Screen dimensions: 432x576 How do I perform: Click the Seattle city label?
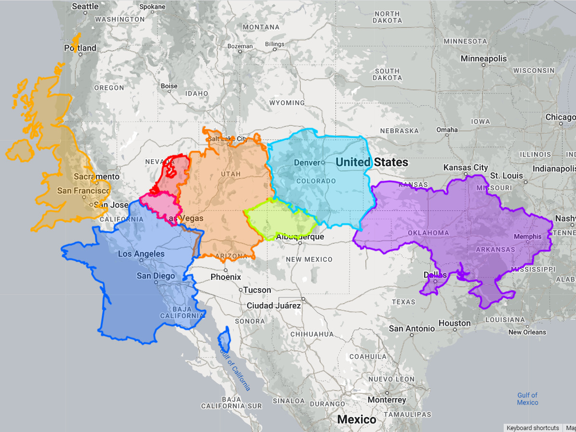coord(85,7)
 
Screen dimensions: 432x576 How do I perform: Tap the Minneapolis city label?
coord(483,59)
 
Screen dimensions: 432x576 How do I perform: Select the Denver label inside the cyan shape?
coord(307,163)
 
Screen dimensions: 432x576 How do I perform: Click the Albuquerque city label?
coord(300,237)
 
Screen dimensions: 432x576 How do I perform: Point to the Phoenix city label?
coord(226,277)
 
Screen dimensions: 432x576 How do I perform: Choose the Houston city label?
coord(455,323)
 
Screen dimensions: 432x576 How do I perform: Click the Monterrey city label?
coord(387,400)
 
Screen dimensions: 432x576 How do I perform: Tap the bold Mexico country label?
coord(357,419)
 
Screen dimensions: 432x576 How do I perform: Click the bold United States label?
coord(372,162)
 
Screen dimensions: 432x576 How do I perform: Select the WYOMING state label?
coord(287,103)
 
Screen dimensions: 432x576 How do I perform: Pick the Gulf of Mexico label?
coord(527,399)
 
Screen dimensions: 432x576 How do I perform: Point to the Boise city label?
coord(169,86)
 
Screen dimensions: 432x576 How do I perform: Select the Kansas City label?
coord(466,167)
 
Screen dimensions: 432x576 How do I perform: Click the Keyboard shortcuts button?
coord(533,428)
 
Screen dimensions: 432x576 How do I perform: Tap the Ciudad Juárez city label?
coord(274,306)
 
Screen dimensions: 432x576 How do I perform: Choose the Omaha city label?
coord(447,130)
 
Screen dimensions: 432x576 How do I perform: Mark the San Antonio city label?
coord(412,329)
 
